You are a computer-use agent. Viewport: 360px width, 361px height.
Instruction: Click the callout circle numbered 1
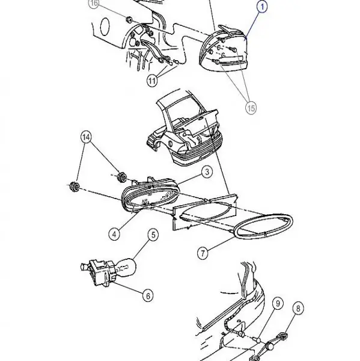pos(262,7)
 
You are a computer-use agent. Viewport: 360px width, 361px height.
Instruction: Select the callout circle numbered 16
pos(94,3)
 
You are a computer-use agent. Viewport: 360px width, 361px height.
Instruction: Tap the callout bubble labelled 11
pos(152,81)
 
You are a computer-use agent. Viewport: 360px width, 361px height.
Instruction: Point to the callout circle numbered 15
pos(251,108)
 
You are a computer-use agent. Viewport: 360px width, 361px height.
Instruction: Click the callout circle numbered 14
pos(87,137)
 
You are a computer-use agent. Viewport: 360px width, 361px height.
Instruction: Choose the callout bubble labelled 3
pos(207,171)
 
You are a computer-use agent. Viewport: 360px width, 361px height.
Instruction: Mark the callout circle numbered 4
pos(114,235)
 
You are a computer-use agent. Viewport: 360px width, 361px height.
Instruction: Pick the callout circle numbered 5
pos(153,235)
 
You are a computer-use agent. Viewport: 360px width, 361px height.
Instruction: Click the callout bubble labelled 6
pos(148,295)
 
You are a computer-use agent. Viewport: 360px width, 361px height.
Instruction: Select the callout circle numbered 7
pos(203,253)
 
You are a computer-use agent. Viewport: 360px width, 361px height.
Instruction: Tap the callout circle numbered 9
pos(278,303)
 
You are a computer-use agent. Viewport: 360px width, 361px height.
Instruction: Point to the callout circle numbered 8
pos(298,308)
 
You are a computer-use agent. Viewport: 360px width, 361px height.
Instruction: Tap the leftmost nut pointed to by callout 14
pos(74,187)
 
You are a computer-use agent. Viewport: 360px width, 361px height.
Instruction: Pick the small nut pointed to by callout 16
pos(129,19)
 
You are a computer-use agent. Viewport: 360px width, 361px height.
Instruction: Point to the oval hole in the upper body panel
pos(105,26)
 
